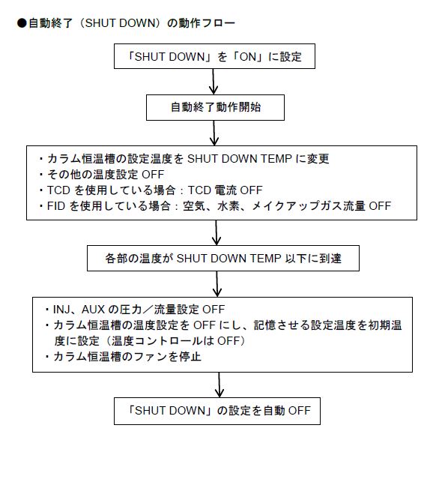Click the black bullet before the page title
coord(22,23)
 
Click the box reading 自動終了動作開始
coord(215,107)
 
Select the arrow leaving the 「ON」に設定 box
coord(214,82)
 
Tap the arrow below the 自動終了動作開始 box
coord(214,133)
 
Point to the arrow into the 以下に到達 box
coord(217,232)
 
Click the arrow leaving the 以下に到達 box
coord(217,284)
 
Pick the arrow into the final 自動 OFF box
coord(219,385)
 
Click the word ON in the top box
coord(247,57)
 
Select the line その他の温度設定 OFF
coord(106,175)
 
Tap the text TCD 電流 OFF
coord(225,190)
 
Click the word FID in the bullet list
coord(56,206)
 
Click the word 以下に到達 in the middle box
coord(313,259)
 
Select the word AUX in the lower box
coord(93,310)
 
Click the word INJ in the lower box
coord(61,310)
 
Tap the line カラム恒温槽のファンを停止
coord(127,357)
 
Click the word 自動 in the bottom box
coord(274,411)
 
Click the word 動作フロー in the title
coord(207,23)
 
